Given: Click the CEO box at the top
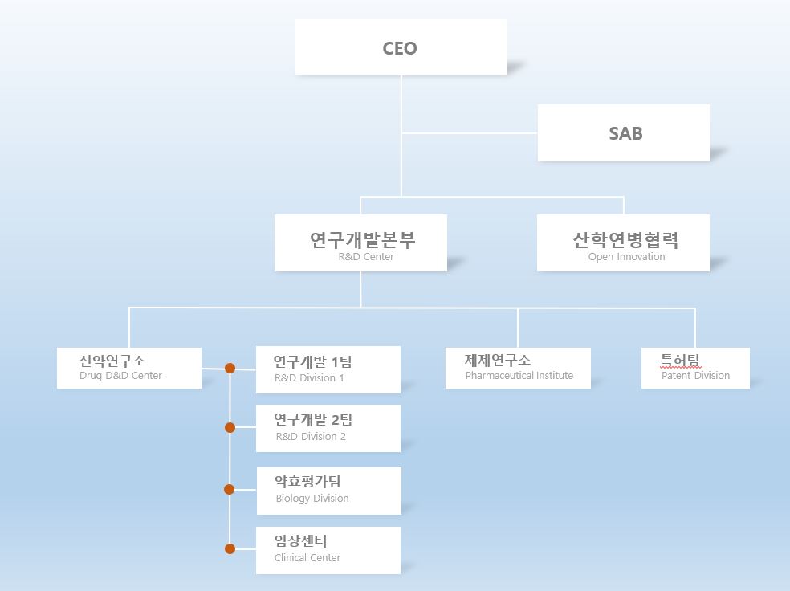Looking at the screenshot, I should click(401, 48).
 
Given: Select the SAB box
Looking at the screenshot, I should click(624, 133).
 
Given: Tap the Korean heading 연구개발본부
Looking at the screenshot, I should click(363, 239).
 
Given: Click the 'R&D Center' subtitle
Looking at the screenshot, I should click(366, 257).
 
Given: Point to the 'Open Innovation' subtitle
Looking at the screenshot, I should click(626, 257).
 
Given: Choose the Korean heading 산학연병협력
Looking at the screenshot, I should click(626, 239).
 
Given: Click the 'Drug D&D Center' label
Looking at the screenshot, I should click(120, 376).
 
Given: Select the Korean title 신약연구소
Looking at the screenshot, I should click(112, 361).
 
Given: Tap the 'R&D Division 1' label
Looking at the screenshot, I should click(309, 378).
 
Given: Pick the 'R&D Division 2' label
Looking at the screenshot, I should click(311, 437).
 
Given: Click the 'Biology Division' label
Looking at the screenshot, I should click(312, 499).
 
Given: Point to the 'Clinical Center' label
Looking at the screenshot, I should click(307, 558).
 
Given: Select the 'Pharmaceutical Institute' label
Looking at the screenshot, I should click(519, 376).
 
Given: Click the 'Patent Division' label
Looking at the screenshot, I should click(695, 376).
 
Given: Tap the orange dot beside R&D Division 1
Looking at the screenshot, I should click(230, 369).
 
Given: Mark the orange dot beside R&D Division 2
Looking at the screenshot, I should click(230, 427).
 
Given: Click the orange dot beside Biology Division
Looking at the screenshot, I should click(229, 489).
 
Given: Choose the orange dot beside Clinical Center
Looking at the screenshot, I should click(230, 549).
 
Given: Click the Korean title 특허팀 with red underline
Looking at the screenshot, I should click(681, 361).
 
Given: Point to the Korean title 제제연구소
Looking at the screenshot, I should click(498, 361).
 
